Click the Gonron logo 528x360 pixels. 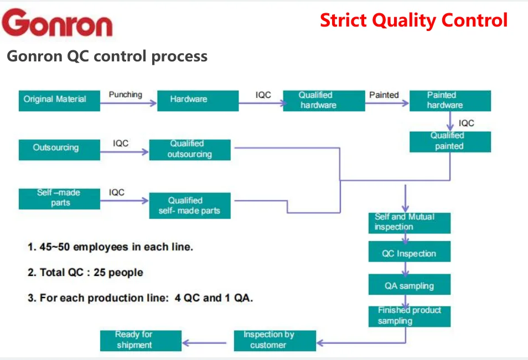tap(57, 23)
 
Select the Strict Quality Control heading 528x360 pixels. tap(413, 20)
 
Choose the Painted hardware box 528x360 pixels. tap(450, 100)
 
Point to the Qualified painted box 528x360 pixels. tap(450, 141)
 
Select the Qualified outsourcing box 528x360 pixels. tap(190, 149)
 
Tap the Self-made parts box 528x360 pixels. tap(59, 198)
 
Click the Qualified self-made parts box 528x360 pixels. tap(190, 206)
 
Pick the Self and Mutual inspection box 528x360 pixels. tap(410, 222)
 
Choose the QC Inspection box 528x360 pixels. tap(410, 254)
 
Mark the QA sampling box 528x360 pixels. tap(410, 286)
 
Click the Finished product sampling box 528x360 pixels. tap(410, 316)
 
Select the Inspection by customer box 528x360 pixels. tap(275, 340)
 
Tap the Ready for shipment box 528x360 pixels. tap(141, 340)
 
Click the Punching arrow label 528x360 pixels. tap(126, 95)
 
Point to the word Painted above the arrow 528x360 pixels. tap(384, 95)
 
